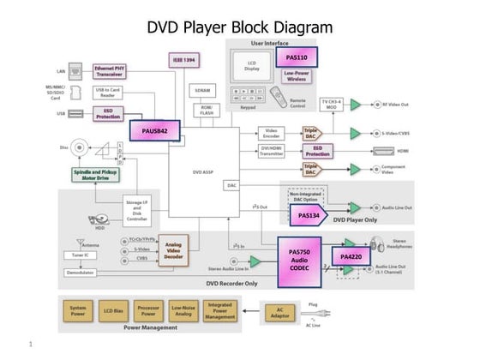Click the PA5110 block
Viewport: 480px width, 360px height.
click(x=297, y=58)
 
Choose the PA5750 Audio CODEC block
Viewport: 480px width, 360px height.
click(x=301, y=261)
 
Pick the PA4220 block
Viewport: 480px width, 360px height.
click(x=351, y=256)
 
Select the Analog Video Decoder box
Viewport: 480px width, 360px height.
click(x=174, y=250)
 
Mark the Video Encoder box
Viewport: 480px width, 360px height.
click(x=271, y=133)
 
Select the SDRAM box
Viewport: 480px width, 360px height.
click(x=203, y=89)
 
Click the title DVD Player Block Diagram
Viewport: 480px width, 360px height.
click(x=239, y=27)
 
